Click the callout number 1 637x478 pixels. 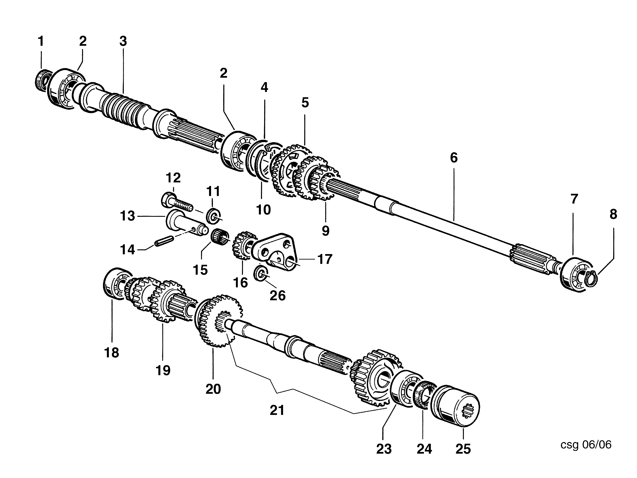coord(41,41)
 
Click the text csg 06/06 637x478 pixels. coord(586,445)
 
